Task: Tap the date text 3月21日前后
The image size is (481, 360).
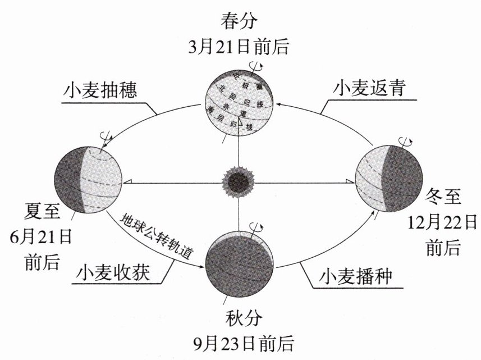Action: coord(240,47)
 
